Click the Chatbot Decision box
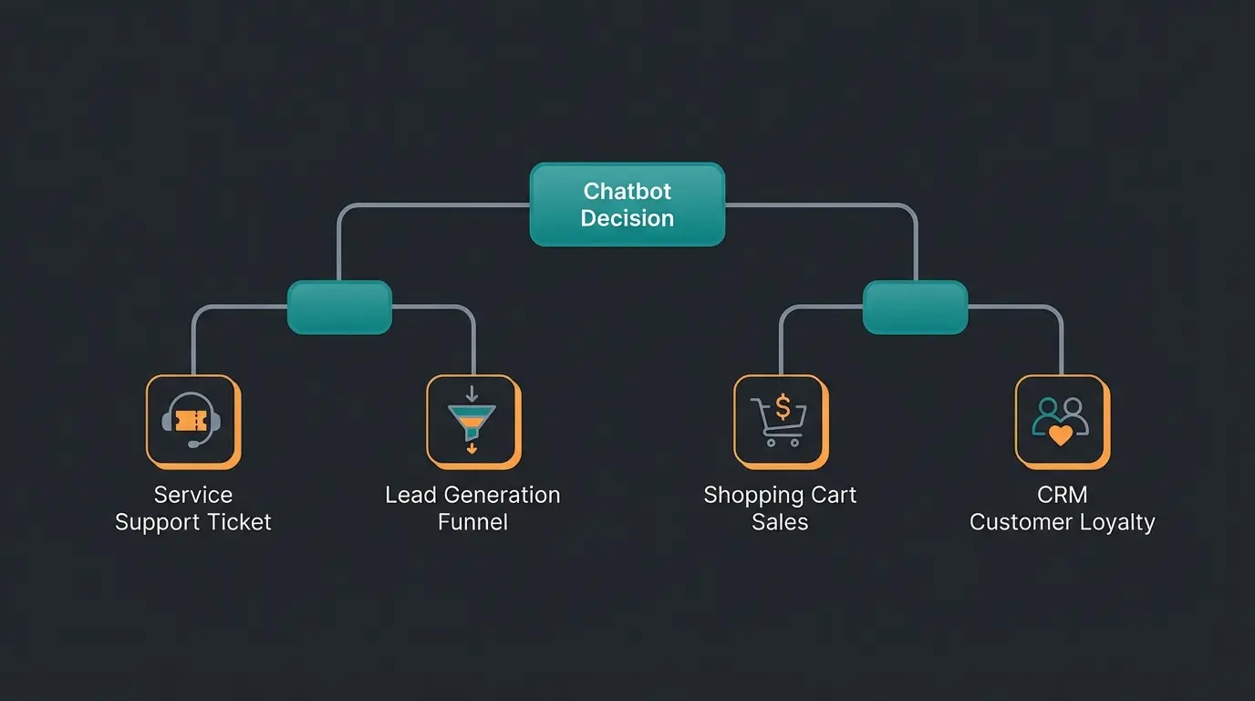pyautogui.click(x=627, y=204)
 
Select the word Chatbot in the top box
pyautogui.click(x=627, y=192)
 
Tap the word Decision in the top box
pyautogui.click(x=627, y=219)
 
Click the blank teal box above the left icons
pyautogui.click(x=339, y=307)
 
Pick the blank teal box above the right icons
pyautogui.click(x=915, y=307)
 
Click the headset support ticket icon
pyautogui.click(x=192, y=421)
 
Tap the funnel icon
pyautogui.click(x=472, y=421)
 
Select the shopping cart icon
pyautogui.click(x=780, y=421)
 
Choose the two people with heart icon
pyautogui.click(x=1061, y=421)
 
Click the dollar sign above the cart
pyautogui.click(x=782, y=405)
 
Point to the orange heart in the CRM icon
pyautogui.click(x=1061, y=434)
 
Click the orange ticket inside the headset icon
pyautogui.click(x=192, y=420)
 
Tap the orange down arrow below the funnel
pyautogui.click(x=472, y=448)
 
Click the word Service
pyautogui.click(x=193, y=496)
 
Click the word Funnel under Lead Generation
pyautogui.click(x=472, y=523)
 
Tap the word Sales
pyautogui.click(x=780, y=523)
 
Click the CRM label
pyautogui.click(x=1063, y=496)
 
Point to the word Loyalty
pyautogui.click(x=1119, y=523)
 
